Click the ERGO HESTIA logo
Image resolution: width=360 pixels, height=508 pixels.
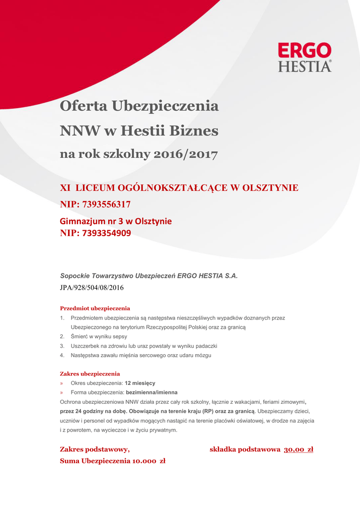(304, 57)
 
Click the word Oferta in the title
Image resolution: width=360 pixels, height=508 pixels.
(83, 106)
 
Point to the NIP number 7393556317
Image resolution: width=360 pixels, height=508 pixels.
(106, 204)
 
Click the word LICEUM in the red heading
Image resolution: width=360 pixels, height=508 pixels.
(95, 188)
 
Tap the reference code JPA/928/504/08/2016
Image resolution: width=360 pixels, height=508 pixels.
(92, 287)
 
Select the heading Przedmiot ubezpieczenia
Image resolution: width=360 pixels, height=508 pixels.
(95, 308)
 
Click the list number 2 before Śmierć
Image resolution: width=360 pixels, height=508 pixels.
(62, 336)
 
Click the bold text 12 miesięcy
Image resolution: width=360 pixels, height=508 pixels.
(140, 383)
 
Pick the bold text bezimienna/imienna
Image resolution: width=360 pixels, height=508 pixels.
(152, 392)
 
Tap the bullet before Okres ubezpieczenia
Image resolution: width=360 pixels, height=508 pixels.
(62, 383)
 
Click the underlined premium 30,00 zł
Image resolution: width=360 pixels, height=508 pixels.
(298, 449)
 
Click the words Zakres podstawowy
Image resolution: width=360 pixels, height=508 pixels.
(95, 449)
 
